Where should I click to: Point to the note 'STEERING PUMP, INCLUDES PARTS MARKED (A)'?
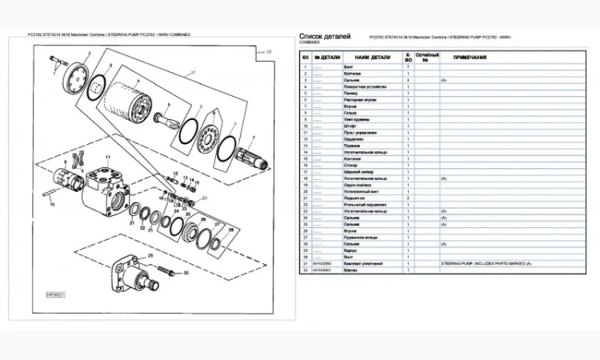pos(486,263)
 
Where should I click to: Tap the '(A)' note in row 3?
pos(443,81)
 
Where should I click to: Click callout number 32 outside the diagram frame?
pos(269,51)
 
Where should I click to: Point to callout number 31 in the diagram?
pos(192,74)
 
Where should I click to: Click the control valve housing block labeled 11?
pos(104,188)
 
